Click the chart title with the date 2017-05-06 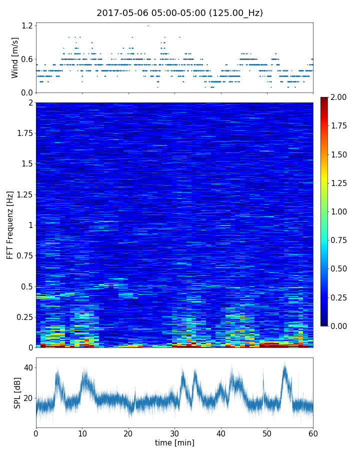(x=179, y=13)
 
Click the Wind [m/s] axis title (x=15, y=57)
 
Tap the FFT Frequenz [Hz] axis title (x=10, y=225)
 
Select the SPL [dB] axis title (x=17, y=392)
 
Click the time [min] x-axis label (x=174, y=442)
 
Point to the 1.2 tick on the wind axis (x=27, y=25)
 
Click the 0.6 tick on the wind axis (x=27, y=59)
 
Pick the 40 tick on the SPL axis (x=28, y=367)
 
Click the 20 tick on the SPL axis (x=28, y=398)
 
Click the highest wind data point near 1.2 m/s (x=148, y=25)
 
